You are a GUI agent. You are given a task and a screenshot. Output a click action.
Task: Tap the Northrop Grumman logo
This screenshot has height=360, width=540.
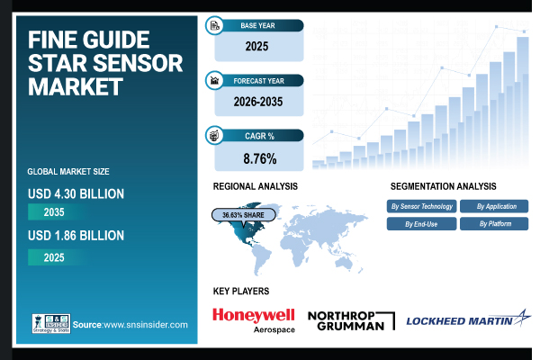pos(351,319)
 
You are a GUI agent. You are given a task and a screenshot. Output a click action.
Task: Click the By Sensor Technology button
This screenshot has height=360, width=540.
pos(421,206)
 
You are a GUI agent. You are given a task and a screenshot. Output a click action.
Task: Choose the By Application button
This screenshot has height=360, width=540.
pos(494,206)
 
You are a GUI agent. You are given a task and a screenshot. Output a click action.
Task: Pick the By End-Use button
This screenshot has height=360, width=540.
pos(421,223)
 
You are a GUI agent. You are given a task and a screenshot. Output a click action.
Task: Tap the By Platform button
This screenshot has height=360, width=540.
pos(494,223)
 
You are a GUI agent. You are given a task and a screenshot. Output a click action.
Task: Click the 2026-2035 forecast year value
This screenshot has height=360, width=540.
pos(257,101)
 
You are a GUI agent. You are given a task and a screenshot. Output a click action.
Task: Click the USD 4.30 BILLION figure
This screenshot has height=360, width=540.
pos(76,193)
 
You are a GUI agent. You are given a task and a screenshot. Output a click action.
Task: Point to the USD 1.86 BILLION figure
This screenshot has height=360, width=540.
pos(76,236)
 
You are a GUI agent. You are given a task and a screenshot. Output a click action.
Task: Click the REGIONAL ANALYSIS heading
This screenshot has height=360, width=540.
pos(256,185)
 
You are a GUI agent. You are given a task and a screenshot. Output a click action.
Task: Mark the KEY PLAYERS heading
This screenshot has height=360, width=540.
pos(241,291)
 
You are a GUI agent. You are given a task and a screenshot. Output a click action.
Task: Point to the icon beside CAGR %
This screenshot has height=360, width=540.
pos(215,136)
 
